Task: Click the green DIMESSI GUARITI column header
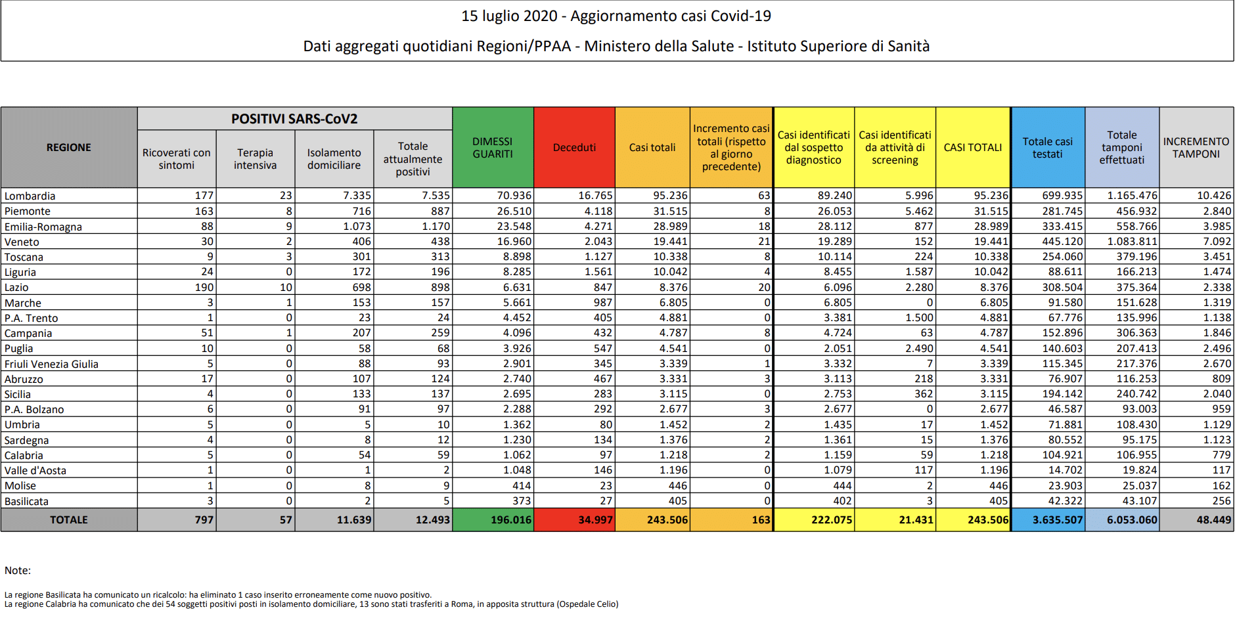tap(492, 148)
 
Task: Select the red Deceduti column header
tap(574, 148)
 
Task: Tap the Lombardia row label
tap(30, 196)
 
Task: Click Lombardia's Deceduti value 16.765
tap(595, 196)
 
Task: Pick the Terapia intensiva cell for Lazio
tap(286, 287)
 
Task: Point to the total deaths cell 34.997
tap(595, 520)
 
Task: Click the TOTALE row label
tap(68, 520)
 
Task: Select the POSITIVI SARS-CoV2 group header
tap(294, 119)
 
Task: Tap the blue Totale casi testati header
tap(1047, 148)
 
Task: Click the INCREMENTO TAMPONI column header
tap(1196, 148)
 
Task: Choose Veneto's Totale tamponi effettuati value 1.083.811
tap(1131, 242)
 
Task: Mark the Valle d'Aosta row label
tap(35, 470)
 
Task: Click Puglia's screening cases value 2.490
tap(918, 348)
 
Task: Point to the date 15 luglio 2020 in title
tap(509, 16)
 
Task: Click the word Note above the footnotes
tap(18, 570)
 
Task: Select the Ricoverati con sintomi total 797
tap(204, 520)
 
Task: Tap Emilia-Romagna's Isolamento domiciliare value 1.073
tap(357, 227)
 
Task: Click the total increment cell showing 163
tap(761, 520)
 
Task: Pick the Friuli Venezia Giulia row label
tap(51, 364)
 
